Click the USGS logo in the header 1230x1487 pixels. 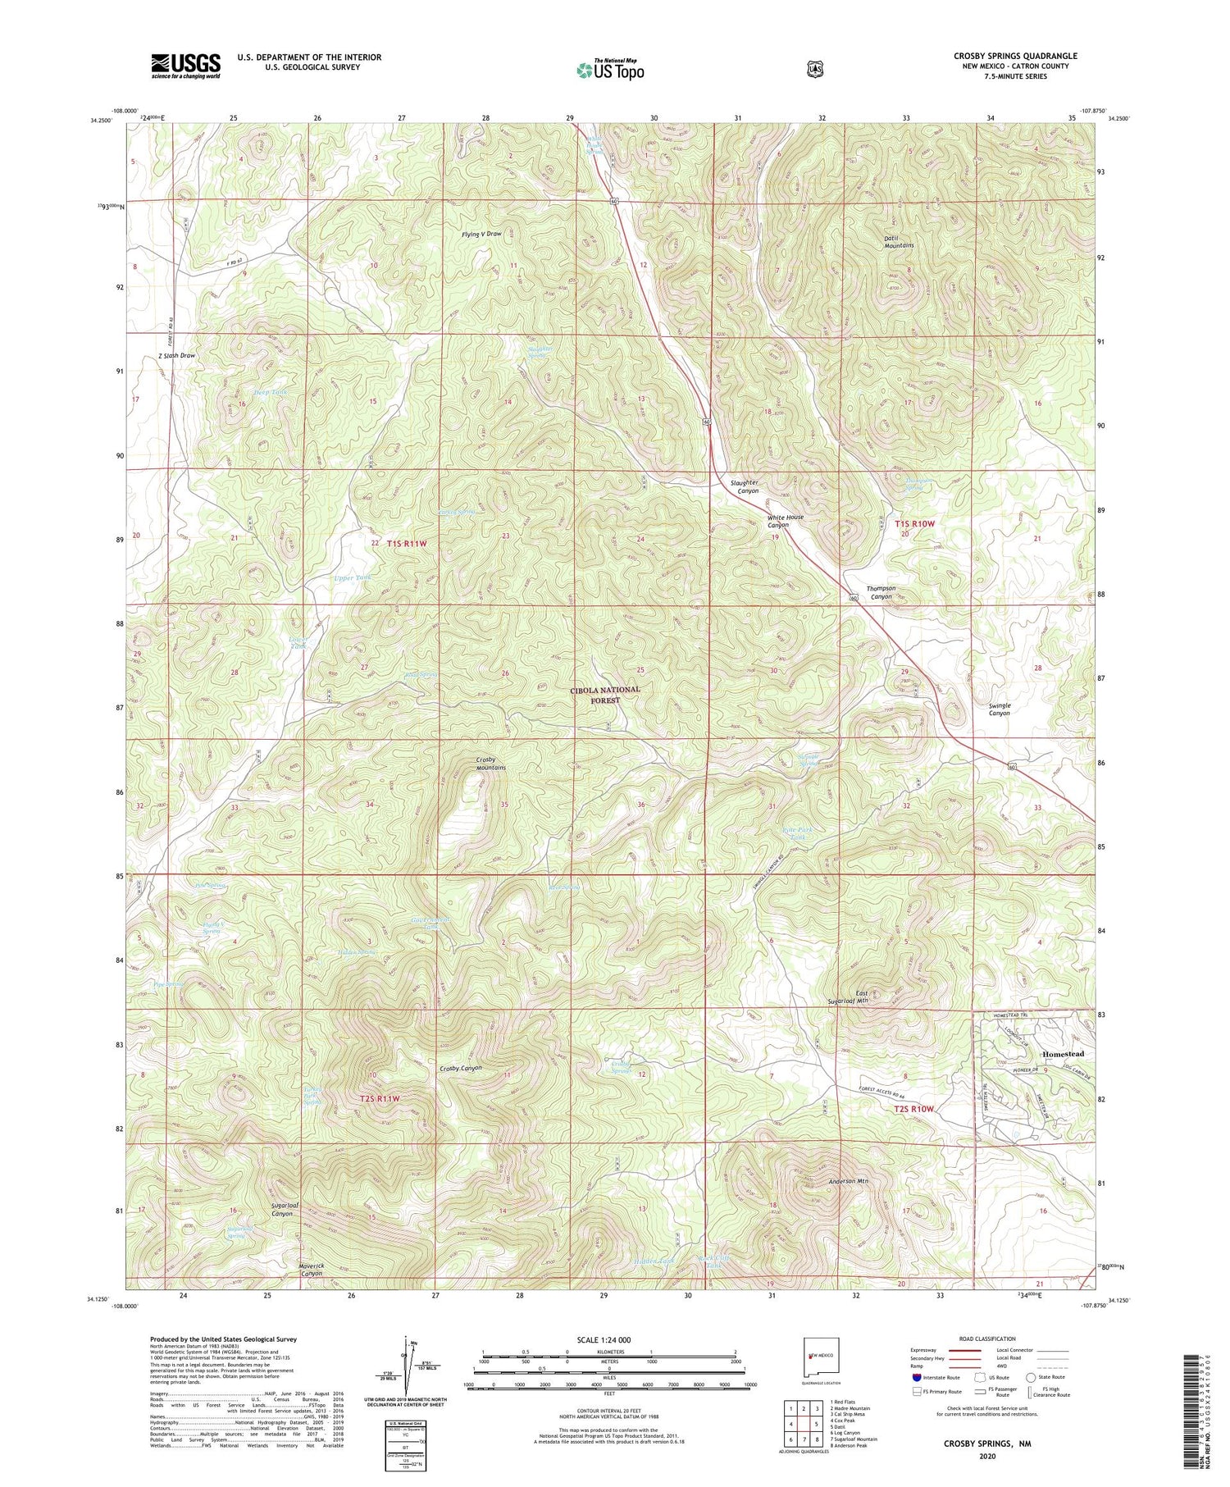point(185,66)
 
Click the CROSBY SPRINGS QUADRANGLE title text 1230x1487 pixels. point(1015,56)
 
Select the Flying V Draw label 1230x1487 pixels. point(481,234)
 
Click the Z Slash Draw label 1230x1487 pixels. point(177,356)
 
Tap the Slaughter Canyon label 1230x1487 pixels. point(745,487)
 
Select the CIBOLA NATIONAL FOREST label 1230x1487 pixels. point(606,696)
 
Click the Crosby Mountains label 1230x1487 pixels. point(490,764)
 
